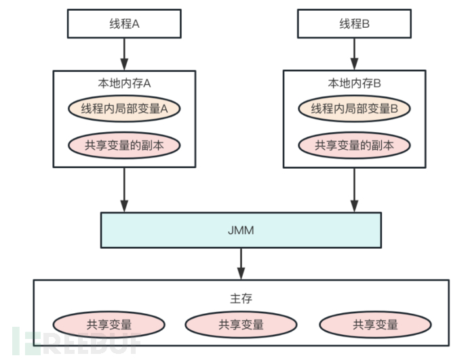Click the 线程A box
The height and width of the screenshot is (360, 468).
click(x=123, y=24)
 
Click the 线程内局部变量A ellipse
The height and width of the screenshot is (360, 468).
click(x=124, y=108)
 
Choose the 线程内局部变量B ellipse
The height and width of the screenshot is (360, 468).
click(x=354, y=108)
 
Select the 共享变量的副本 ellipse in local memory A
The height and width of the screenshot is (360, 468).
click(x=124, y=145)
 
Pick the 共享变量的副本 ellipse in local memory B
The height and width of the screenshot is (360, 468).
click(x=354, y=145)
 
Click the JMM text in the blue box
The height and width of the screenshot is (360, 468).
click(x=241, y=230)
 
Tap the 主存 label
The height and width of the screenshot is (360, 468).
click(x=241, y=298)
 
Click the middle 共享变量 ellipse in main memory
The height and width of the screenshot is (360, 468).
click(x=241, y=325)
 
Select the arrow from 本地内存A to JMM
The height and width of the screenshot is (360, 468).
click(x=124, y=189)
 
